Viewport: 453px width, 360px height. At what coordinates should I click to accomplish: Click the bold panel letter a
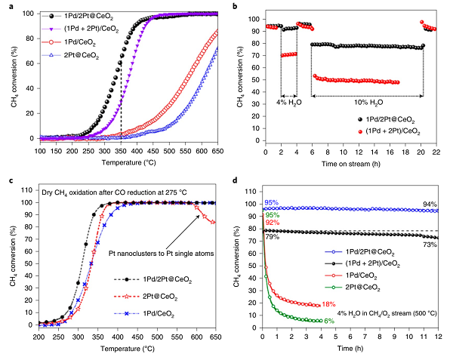[5, 5]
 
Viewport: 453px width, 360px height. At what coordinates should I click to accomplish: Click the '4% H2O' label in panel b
[288, 100]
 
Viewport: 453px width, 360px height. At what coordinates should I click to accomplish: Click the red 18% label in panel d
[329, 304]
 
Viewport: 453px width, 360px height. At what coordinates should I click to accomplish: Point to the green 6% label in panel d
[328, 321]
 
